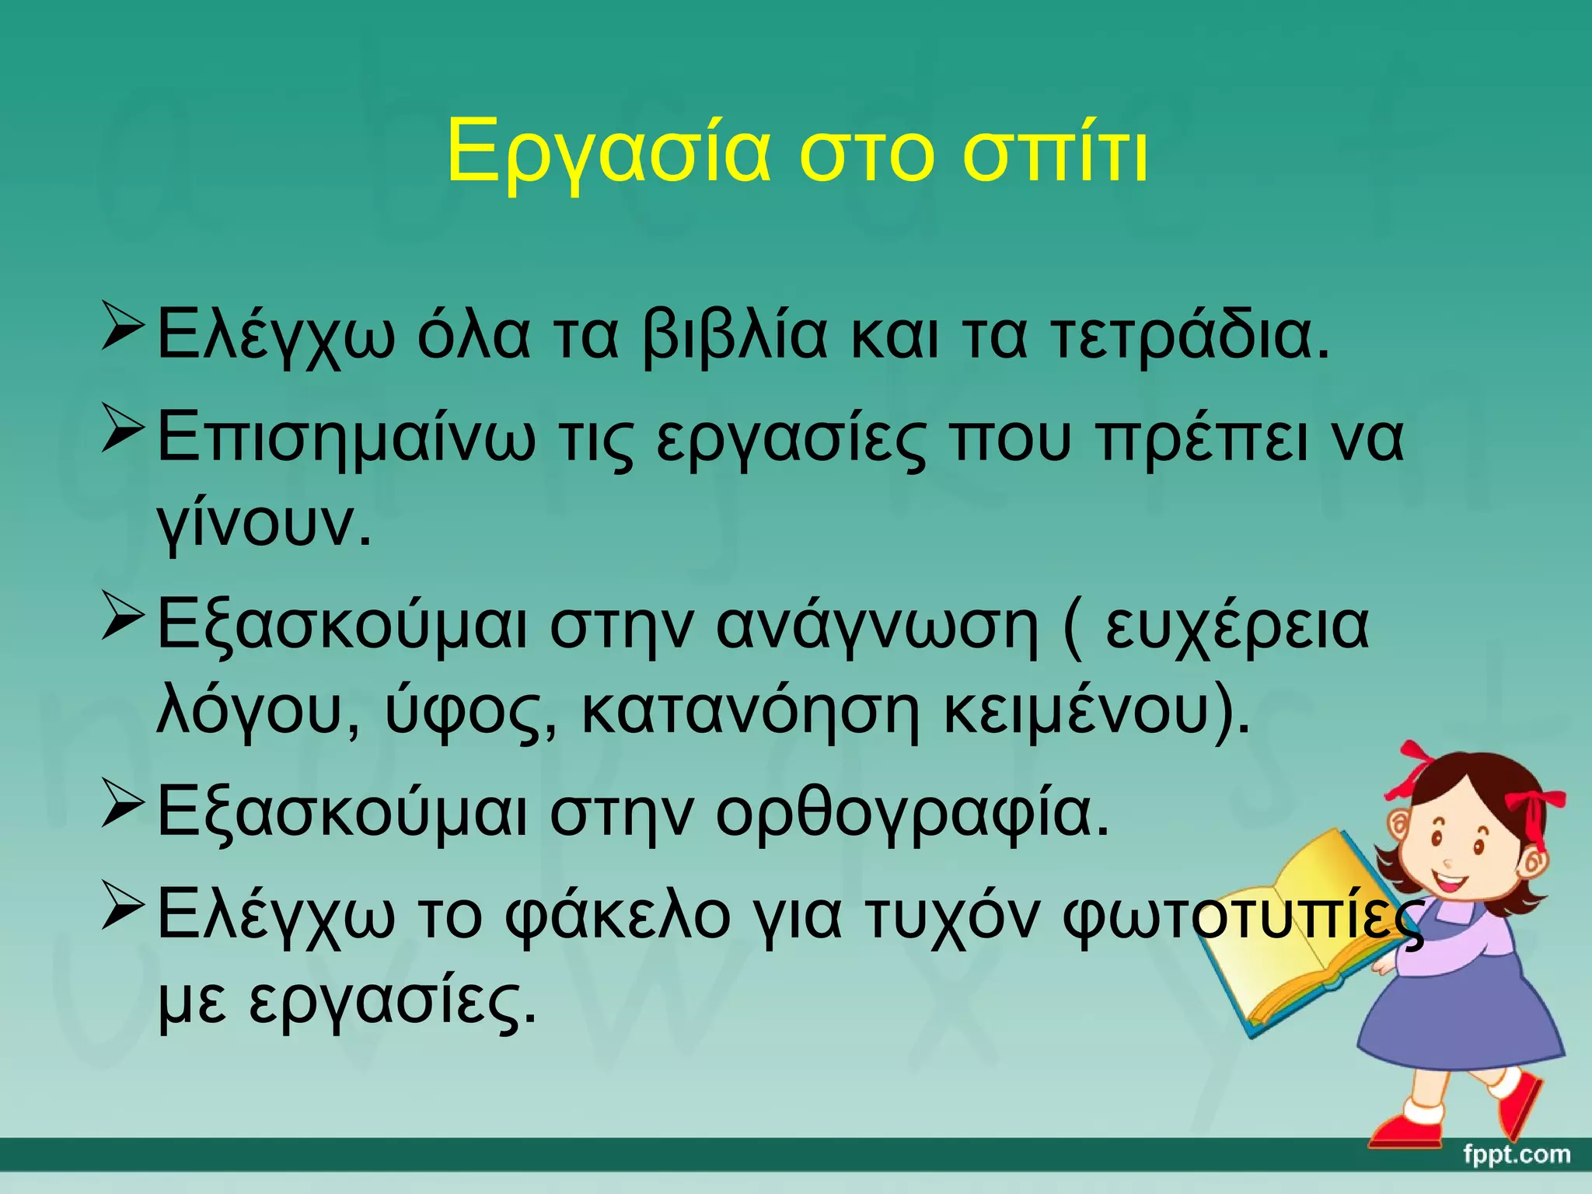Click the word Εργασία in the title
click(x=609, y=153)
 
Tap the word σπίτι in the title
click(x=1055, y=153)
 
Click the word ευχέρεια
click(x=1236, y=625)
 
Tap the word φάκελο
click(x=618, y=916)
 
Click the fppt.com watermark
click(x=1516, y=1154)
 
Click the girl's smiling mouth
click(x=1451, y=883)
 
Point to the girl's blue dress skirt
click(x=1461, y=1018)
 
